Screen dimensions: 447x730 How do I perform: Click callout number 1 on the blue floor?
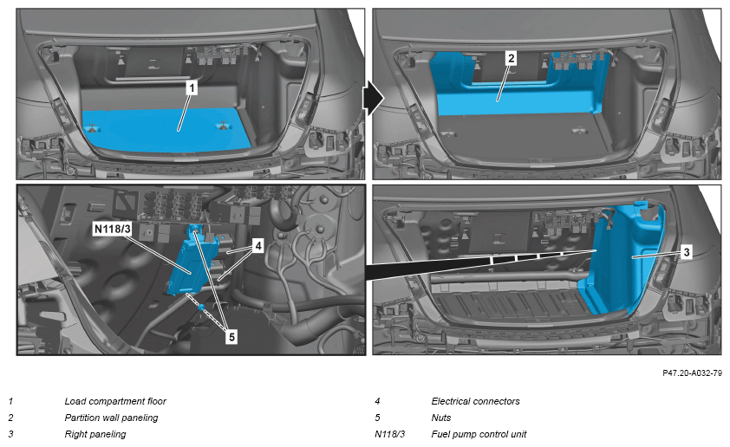click(x=192, y=88)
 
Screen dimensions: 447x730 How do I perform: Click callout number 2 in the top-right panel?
click(x=512, y=58)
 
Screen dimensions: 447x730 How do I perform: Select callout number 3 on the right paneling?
click(x=686, y=252)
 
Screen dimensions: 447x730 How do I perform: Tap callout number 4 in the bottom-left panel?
click(x=257, y=245)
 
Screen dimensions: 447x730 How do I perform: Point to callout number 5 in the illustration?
click(x=231, y=338)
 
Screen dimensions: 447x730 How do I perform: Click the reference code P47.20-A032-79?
click(x=691, y=373)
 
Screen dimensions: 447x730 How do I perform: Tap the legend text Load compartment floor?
click(x=115, y=401)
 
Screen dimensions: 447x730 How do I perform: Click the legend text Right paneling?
click(x=95, y=434)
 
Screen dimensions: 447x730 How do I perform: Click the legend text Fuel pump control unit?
click(x=479, y=434)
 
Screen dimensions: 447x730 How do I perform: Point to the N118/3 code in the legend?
click(x=387, y=434)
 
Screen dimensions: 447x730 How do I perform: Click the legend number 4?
click(x=377, y=401)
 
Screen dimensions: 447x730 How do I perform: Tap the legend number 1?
click(x=10, y=401)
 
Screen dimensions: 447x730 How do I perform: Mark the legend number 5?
click(x=377, y=418)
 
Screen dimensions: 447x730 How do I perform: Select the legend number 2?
click(x=10, y=418)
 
